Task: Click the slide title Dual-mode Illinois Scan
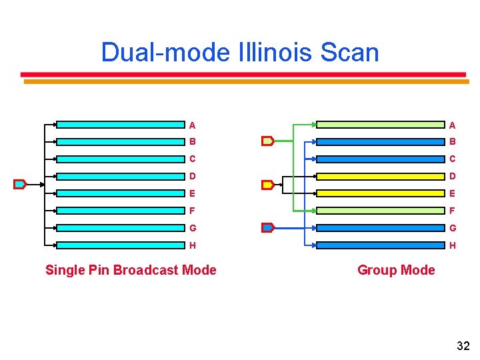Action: coord(240,52)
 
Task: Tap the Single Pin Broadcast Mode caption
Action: coord(131,270)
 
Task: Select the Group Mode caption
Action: coord(396,270)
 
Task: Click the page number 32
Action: coord(463,345)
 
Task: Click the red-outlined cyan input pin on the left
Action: coord(20,184)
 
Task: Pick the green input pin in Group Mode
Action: coord(267,141)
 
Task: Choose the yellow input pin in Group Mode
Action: coord(267,185)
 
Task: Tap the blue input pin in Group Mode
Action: coord(267,227)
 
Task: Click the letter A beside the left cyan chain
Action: coord(192,125)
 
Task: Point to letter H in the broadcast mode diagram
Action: coord(192,245)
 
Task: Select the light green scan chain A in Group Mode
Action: coord(380,124)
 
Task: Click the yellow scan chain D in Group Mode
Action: coord(380,176)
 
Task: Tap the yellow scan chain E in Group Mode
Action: coord(380,193)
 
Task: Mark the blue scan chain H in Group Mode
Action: coord(380,245)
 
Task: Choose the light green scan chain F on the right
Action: coord(380,211)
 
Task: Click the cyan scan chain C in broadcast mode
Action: coord(120,159)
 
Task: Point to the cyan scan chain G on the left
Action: coord(120,227)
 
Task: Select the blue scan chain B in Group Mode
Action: coord(380,141)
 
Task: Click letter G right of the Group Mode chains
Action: coord(452,228)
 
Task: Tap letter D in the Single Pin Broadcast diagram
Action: coord(192,176)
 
